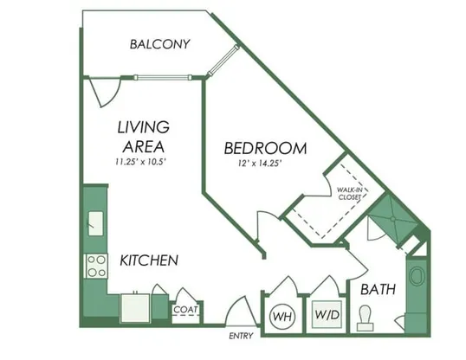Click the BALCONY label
coord(159,44)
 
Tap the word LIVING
coord(144,127)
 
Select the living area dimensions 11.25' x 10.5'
coord(140,162)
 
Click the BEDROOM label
coord(265,148)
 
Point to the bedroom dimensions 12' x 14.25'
coord(260,164)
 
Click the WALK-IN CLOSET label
coord(350,193)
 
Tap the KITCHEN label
coord(149,260)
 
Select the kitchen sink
coord(95,223)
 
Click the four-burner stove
coord(96,267)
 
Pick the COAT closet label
coord(185,310)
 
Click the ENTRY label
coord(241,336)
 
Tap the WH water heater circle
coord(282,317)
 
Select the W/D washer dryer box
coord(327,314)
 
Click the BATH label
coord(378,289)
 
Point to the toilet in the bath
coord(365,318)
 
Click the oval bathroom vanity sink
coord(417,276)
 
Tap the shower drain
coord(393,219)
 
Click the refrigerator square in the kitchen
coord(134,308)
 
